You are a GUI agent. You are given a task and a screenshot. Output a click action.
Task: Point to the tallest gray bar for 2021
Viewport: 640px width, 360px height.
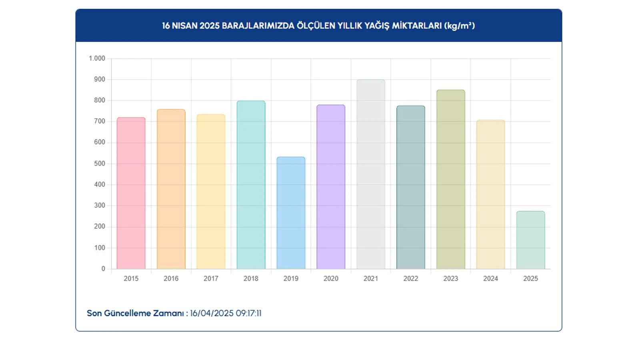[x=371, y=174]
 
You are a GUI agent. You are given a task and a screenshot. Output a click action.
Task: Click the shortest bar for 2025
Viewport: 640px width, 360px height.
[x=530, y=240]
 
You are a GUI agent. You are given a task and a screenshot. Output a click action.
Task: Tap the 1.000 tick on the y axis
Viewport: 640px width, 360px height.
[x=97, y=58]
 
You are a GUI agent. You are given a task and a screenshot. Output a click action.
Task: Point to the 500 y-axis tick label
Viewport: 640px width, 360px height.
[x=100, y=164]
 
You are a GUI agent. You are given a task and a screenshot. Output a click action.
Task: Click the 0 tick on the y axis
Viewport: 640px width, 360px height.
[x=103, y=269]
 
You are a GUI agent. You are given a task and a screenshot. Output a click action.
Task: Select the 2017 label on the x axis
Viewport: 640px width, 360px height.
[x=211, y=278]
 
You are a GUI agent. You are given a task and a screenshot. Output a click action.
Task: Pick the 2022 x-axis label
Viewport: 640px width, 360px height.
[x=411, y=278]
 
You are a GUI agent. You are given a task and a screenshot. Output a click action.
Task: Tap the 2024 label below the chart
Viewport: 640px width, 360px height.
[x=490, y=278]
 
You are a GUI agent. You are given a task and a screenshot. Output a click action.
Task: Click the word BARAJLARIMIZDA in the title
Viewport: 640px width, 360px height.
[x=258, y=26]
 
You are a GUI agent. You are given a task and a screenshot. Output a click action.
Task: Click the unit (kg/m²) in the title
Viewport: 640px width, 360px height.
[x=459, y=26]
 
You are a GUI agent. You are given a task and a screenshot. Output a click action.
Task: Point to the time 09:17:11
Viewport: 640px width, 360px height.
[x=248, y=313]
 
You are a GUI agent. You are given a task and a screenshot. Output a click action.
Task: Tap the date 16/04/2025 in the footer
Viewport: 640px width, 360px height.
[x=212, y=313]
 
